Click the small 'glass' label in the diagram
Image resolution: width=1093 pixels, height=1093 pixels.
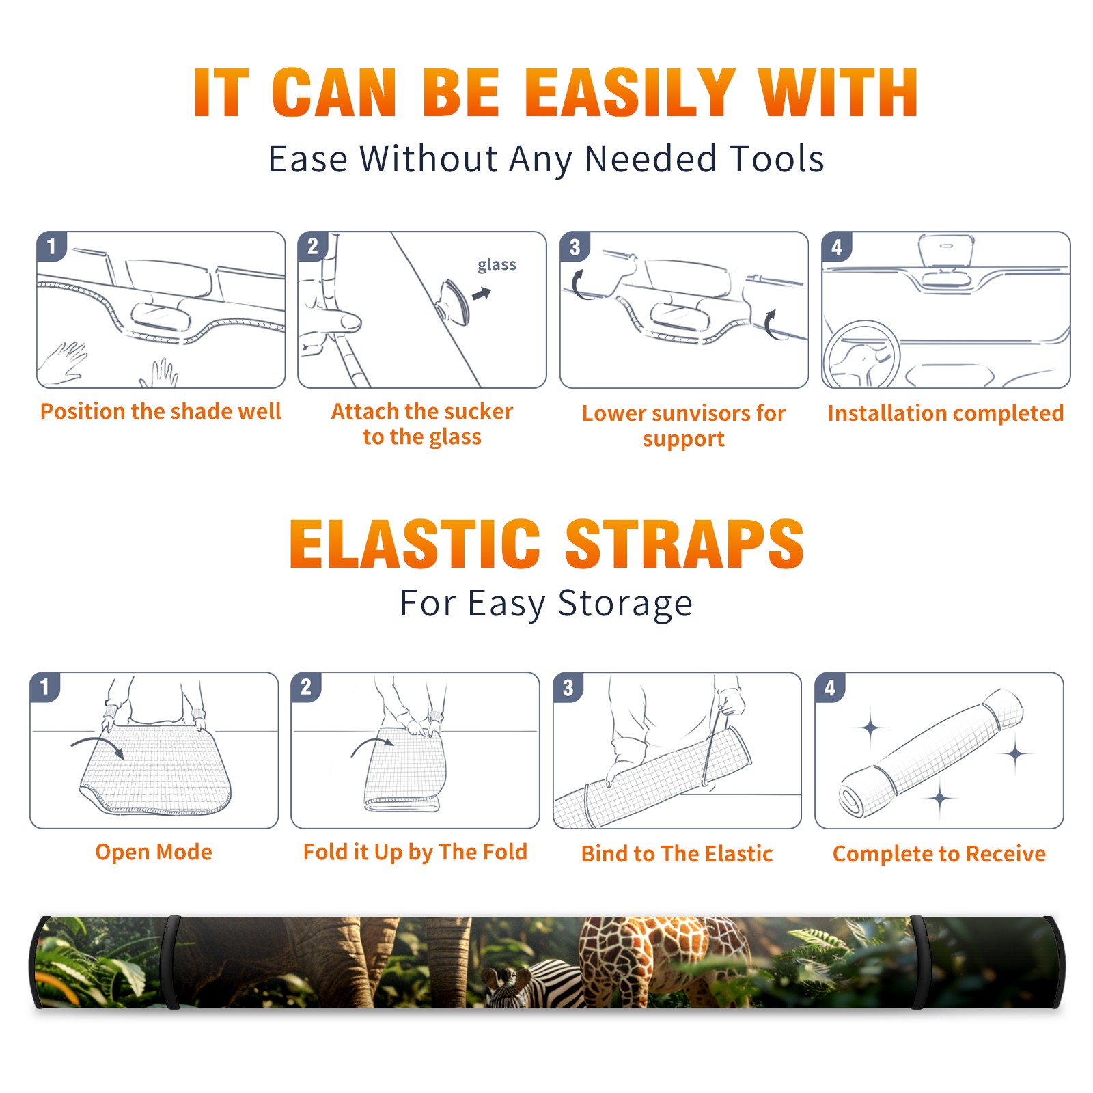coord(497,265)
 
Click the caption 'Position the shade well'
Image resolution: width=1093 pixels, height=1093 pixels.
coord(161,411)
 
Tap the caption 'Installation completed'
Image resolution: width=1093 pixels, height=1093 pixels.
coord(945,413)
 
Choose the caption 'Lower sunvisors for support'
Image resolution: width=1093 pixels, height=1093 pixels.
coord(684,426)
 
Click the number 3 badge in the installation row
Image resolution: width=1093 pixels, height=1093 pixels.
coord(575,247)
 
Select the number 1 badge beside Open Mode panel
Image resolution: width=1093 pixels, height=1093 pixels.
coord(45,687)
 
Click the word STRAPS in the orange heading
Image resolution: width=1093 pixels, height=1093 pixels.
coord(684,544)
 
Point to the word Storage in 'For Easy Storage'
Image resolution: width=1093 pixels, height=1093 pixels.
coord(625,604)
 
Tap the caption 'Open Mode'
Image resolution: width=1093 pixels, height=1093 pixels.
coord(154,852)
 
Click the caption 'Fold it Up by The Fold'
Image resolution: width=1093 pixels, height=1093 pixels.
coord(415,853)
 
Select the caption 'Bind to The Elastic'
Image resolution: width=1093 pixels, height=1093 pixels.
coord(677,854)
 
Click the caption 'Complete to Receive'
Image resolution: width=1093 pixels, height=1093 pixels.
coord(939,854)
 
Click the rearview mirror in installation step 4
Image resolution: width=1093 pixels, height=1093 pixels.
coord(945,251)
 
